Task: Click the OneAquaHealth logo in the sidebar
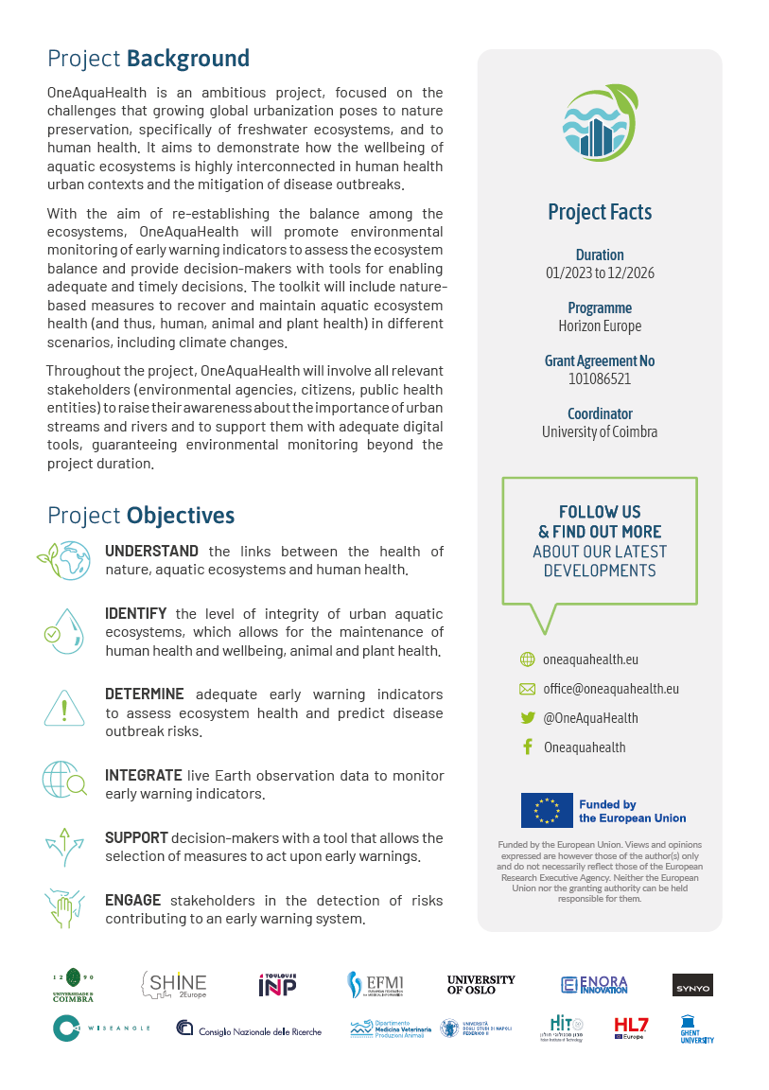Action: (600, 123)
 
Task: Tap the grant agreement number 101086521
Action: (600, 379)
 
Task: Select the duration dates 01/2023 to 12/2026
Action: (600, 273)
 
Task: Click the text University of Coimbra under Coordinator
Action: (600, 432)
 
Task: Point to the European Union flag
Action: (547, 810)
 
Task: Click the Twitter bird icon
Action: (528, 718)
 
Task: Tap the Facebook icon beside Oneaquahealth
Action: (528, 747)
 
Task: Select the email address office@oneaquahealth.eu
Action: (611, 689)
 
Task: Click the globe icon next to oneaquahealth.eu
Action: (528, 659)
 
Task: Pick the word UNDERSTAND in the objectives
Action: (151, 552)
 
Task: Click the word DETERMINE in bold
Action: (144, 694)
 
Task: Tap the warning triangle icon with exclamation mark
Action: (64, 707)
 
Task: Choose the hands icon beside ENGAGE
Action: (64, 906)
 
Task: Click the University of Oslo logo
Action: (481, 985)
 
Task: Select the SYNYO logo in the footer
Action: (692, 986)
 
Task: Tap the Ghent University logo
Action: (697, 1029)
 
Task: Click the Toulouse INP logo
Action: (277, 985)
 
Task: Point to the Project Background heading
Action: (149, 59)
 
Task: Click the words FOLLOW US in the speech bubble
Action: (600, 512)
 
